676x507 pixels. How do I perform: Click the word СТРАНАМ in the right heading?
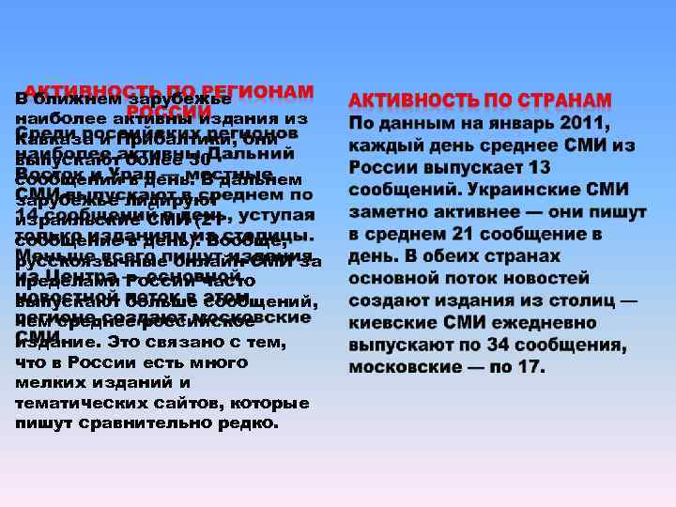click(x=559, y=100)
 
